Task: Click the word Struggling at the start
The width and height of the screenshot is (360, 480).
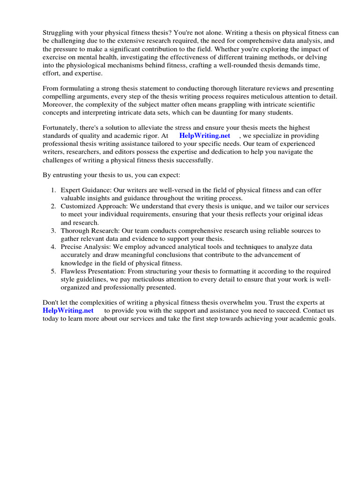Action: [x=59, y=33]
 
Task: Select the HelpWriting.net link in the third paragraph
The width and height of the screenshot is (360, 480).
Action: [x=204, y=135]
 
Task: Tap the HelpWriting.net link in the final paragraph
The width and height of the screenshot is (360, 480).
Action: [x=68, y=310]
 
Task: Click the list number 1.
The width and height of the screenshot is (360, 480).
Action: [x=53, y=190]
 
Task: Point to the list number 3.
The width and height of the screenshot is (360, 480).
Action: [x=53, y=231]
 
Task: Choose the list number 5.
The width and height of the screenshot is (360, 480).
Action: [x=53, y=271]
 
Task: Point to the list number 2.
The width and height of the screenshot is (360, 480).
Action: [x=53, y=206]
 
